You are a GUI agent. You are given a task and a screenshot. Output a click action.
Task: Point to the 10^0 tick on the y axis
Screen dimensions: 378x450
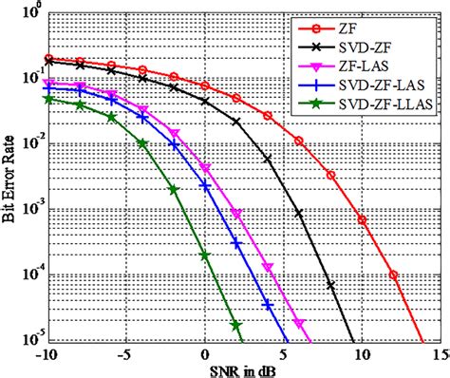(x=29, y=14)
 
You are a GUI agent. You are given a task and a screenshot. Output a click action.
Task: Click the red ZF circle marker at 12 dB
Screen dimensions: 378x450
(x=393, y=275)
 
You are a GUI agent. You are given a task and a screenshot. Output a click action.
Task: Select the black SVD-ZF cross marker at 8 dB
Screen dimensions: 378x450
(x=330, y=285)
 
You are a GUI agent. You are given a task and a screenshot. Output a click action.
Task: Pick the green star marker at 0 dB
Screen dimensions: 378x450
(x=205, y=255)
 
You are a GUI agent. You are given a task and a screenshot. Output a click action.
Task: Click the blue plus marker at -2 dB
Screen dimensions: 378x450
(x=174, y=144)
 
